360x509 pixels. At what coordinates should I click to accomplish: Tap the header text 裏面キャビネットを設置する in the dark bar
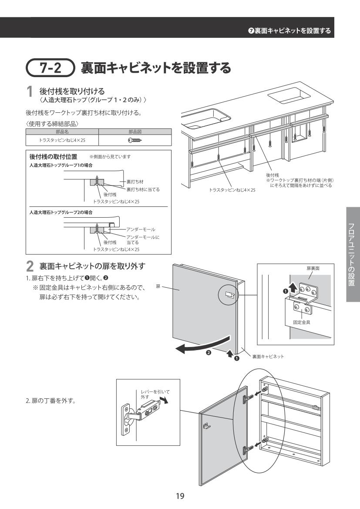point(292,30)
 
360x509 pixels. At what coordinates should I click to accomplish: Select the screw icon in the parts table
point(135,140)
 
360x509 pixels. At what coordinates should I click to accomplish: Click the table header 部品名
point(63,132)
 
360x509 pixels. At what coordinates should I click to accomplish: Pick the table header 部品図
point(135,132)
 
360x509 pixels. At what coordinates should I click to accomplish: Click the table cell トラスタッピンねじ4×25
point(63,140)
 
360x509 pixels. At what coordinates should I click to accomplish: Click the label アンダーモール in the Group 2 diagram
point(141,229)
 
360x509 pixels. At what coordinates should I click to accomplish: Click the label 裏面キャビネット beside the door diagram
point(268,356)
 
